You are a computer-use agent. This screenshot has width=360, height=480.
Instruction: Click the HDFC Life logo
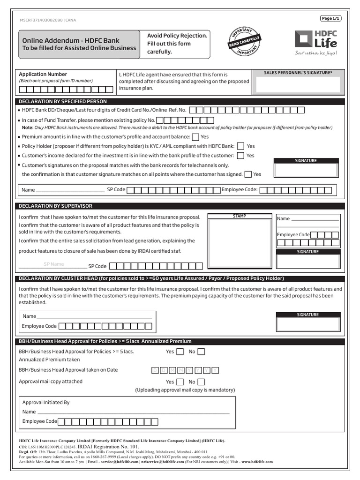(315, 43)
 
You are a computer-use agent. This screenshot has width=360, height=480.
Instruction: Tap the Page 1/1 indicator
(330, 18)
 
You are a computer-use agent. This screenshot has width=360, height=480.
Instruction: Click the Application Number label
(43, 74)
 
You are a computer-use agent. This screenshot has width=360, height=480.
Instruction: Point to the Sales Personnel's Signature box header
(298, 73)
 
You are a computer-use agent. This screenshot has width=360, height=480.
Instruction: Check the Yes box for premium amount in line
(195, 137)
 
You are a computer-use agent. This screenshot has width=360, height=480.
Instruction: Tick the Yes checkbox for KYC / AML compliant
(240, 146)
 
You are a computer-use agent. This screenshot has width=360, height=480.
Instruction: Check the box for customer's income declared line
(240, 156)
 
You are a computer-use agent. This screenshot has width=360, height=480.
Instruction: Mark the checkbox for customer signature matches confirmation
(247, 174)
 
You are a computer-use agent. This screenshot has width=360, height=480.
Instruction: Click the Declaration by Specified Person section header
(62, 101)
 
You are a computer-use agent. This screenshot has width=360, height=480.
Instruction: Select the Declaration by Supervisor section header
(55, 206)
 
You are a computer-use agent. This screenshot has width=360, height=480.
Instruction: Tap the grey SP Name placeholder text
(53, 264)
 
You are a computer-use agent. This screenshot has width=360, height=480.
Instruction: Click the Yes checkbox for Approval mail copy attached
(180, 382)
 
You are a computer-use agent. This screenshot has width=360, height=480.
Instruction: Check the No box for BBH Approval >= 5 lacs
(201, 352)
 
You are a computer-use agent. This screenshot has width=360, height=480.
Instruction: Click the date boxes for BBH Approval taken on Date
(185, 370)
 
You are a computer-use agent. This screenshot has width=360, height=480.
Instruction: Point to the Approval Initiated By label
(46, 402)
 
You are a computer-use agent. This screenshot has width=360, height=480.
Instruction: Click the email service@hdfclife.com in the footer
(119, 462)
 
